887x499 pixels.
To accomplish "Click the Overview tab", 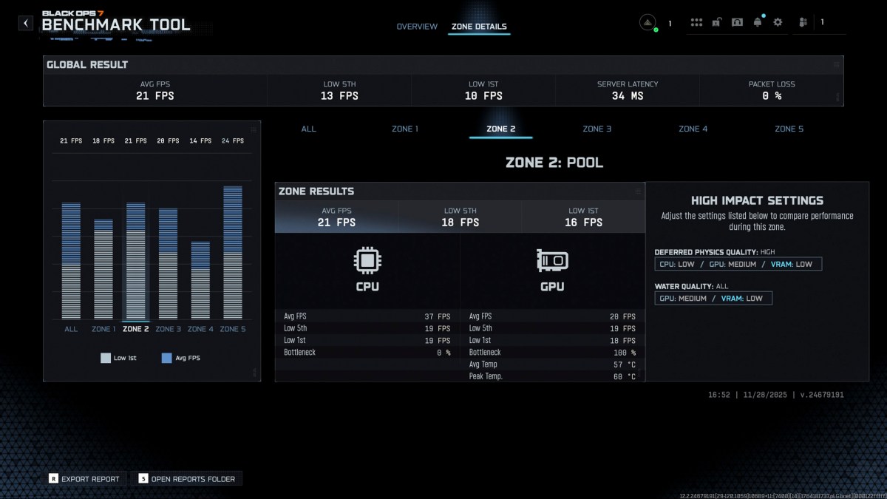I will click(417, 27).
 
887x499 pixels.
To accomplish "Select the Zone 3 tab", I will click(597, 129).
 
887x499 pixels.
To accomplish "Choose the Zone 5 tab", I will click(789, 129).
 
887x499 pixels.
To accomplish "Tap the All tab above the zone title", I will click(308, 129).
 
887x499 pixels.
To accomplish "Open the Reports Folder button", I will click(186, 479).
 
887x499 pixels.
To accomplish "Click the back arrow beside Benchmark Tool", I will click(27, 23).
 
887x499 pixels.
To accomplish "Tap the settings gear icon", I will click(778, 22).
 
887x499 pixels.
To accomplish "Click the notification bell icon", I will click(757, 22).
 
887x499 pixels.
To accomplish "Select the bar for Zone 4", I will click(200, 281).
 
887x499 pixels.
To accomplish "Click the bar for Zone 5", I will click(232, 253).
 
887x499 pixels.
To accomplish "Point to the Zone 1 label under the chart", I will click(103, 329).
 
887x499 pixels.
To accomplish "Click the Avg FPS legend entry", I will click(180, 358).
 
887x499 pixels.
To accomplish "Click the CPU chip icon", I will click(367, 260).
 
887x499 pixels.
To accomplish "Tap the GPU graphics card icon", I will click(552, 260).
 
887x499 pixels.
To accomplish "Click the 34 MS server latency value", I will click(627, 96).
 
